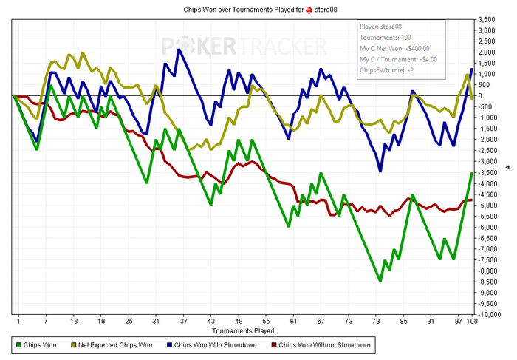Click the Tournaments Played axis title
243,330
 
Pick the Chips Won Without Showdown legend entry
324,345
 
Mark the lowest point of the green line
380,281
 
